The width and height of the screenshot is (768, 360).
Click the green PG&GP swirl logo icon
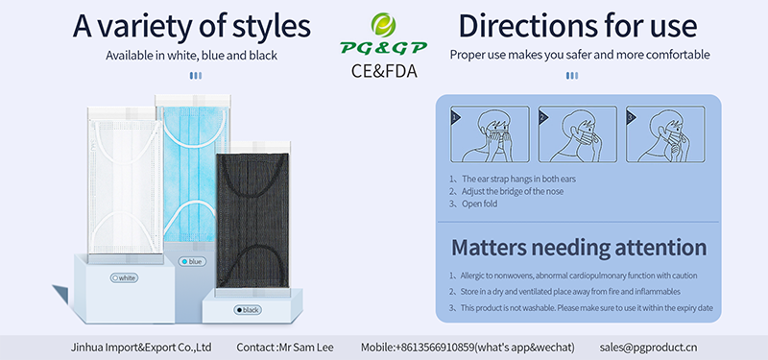click(383, 25)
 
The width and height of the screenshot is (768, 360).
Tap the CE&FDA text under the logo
click(384, 71)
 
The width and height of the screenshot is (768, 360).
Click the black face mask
click(252, 221)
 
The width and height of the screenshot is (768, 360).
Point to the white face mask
click(125, 185)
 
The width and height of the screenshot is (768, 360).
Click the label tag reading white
click(125, 278)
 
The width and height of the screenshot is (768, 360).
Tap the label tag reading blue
click(193, 262)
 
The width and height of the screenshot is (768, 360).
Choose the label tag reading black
click(248, 310)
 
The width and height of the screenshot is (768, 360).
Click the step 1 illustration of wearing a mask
click(490, 134)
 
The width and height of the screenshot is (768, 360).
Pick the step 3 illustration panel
click(665, 134)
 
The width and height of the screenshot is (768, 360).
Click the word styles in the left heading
click(273, 27)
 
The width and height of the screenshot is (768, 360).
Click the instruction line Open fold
click(479, 204)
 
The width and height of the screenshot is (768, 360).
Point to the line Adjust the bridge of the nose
click(513, 191)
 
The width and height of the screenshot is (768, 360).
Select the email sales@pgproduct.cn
click(649, 348)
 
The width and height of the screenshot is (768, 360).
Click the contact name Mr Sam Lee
click(305, 348)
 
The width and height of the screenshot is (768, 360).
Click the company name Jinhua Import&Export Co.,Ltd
click(141, 348)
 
